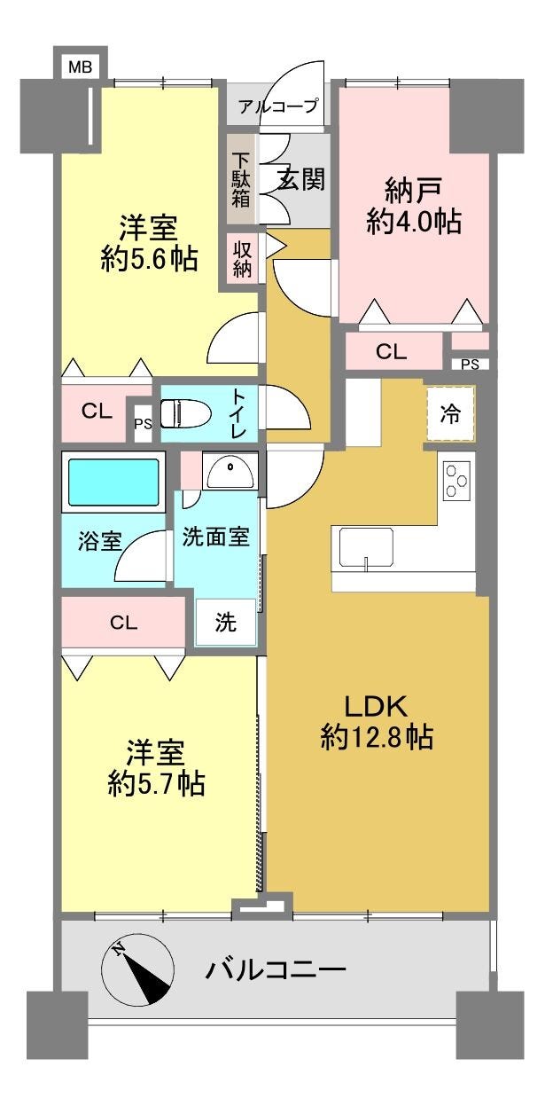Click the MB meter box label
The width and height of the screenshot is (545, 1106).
coord(80,67)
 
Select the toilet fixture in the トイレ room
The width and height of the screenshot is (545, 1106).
coord(185,413)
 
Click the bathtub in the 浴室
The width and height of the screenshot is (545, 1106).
coord(113,482)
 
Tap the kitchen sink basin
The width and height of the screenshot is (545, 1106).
coord(366,547)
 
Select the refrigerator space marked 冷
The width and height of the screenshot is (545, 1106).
coord(450,413)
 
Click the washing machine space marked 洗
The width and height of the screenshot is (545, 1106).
coord(226,622)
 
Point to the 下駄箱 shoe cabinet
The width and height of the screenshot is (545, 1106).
coord(241,179)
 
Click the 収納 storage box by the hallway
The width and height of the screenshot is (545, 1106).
coord(242,258)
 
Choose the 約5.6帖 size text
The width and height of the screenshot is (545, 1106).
coord(150,258)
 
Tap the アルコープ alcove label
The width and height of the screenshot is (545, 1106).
coord(278,106)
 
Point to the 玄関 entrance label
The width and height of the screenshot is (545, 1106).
coord(302,179)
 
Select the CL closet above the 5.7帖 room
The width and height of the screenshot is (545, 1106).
coord(123,623)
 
